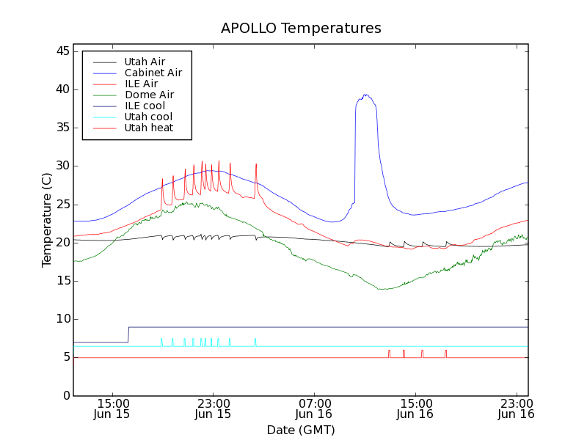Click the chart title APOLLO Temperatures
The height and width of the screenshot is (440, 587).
click(x=301, y=29)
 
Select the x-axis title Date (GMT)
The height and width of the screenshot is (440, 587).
click(x=301, y=430)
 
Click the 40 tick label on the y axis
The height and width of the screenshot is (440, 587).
click(x=62, y=89)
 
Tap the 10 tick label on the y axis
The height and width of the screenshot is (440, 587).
click(x=62, y=319)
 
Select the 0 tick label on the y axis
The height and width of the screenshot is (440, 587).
click(x=65, y=395)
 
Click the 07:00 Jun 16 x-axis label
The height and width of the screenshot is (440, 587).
click(x=314, y=408)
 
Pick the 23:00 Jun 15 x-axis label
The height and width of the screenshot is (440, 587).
click(x=213, y=408)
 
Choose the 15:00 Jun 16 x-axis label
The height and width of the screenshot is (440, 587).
click(x=415, y=408)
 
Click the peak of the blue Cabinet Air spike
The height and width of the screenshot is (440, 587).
click(x=365, y=95)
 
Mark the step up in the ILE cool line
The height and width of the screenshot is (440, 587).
click(x=128, y=334)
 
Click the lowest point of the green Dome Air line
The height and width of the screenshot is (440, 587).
click(x=382, y=289)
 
